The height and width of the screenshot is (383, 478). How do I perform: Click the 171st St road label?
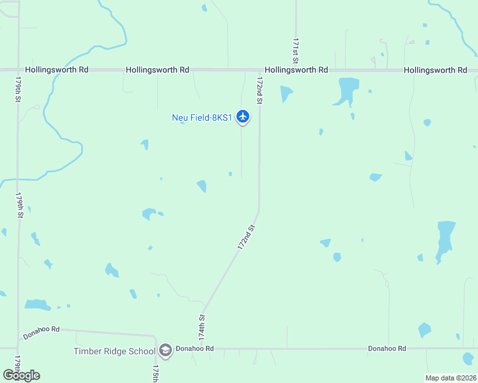click(x=296, y=50)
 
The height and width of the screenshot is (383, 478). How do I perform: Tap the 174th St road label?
click(x=202, y=326)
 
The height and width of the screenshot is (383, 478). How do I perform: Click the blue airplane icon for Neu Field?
click(x=242, y=116)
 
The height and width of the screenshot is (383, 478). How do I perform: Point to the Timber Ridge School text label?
click(x=114, y=351)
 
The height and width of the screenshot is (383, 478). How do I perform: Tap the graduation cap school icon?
click(x=166, y=350)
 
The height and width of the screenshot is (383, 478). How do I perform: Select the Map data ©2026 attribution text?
click(x=450, y=377)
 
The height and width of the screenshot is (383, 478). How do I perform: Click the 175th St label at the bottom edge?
click(x=155, y=374)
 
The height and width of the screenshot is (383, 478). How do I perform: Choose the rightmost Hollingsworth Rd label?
click(x=435, y=70)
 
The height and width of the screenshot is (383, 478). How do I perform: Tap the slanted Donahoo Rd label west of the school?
click(x=41, y=333)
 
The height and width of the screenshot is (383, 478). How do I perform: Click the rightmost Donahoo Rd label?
click(x=387, y=349)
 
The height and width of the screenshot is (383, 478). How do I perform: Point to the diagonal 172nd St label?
click(x=246, y=237)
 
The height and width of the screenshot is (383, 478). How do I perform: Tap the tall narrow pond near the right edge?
click(x=445, y=239)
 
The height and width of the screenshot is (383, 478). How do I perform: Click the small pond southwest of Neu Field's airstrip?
click(x=202, y=186)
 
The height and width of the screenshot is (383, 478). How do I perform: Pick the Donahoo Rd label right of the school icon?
click(x=195, y=349)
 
